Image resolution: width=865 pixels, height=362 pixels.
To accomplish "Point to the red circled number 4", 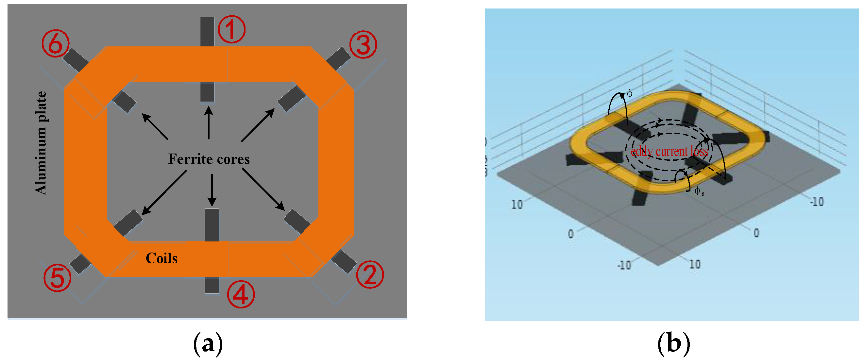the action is click(241, 294).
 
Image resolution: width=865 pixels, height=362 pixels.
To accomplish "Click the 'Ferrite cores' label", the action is click(209, 159).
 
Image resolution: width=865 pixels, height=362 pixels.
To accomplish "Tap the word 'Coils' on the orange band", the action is click(161, 258).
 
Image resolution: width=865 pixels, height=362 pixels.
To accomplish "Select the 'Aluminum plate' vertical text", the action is click(41, 143).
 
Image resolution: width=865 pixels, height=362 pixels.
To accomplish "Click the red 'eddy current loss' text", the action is click(670, 152).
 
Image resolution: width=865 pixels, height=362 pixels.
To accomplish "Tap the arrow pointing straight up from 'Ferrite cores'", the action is click(209, 122).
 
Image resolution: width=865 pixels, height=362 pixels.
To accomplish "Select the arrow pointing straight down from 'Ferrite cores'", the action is click(212, 190).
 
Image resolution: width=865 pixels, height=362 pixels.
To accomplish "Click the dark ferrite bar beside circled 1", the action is click(207, 32).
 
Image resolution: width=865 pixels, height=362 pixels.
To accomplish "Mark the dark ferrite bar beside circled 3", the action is click(338, 59).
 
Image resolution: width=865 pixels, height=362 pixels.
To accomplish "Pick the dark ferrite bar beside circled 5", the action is click(80, 264).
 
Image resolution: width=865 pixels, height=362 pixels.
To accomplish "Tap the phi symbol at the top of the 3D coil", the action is click(630, 94).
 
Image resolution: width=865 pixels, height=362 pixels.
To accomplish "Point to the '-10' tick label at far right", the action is click(817, 202).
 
